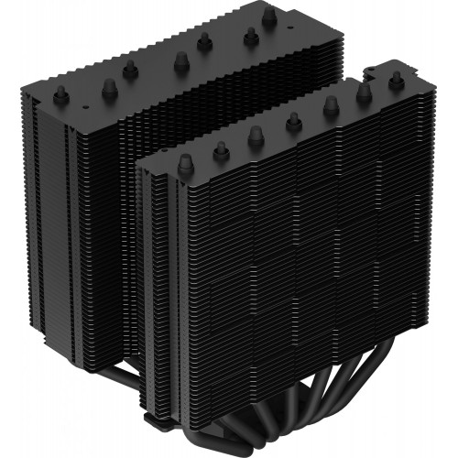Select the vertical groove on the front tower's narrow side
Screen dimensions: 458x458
(x=156, y=293)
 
